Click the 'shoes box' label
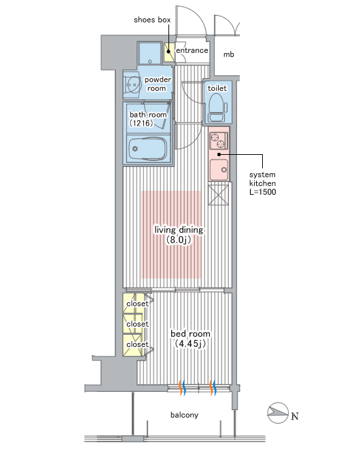152,20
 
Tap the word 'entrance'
192,50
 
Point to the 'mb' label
228,54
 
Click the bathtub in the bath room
148,149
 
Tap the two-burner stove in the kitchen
218,141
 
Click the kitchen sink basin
219,170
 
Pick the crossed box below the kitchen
218,195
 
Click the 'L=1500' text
262,192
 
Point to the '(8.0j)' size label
179,240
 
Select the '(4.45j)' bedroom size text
190,344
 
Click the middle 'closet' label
137,324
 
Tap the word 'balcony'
184,415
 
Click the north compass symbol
278,413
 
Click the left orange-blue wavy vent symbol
182,388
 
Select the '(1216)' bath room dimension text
141,123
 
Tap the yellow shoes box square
168,52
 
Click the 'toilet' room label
217,88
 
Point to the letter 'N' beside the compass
295,416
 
